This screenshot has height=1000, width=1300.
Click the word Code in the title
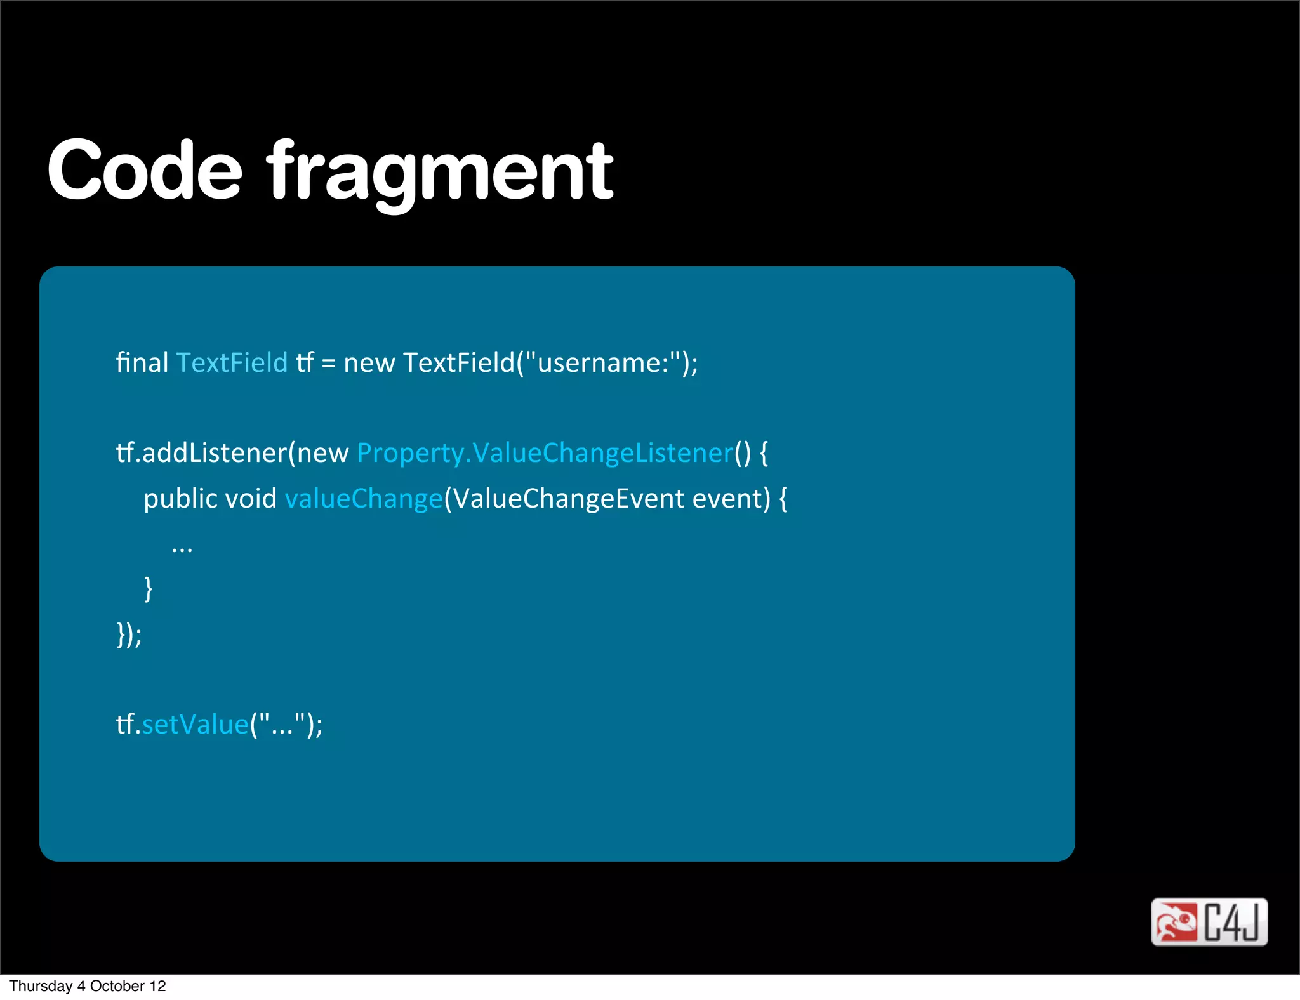[x=145, y=170]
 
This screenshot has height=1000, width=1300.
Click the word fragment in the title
[x=440, y=171]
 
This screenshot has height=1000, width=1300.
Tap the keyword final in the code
[x=142, y=362]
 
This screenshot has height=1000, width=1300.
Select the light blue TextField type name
[x=232, y=362]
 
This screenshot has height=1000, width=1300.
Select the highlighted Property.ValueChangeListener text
[x=545, y=453]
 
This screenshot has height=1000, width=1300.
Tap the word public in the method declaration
[x=180, y=499]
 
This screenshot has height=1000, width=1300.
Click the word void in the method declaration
[x=251, y=499]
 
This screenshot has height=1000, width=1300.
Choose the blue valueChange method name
[x=363, y=499]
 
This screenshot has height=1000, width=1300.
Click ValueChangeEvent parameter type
[x=567, y=499]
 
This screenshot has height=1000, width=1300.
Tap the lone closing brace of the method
[x=149, y=589]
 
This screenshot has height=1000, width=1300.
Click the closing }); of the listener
[x=129, y=635]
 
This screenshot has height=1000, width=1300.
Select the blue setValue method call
[x=195, y=725]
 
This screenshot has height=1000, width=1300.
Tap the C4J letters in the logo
[x=1232, y=922]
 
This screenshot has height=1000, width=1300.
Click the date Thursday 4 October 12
[x=88, y=986]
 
